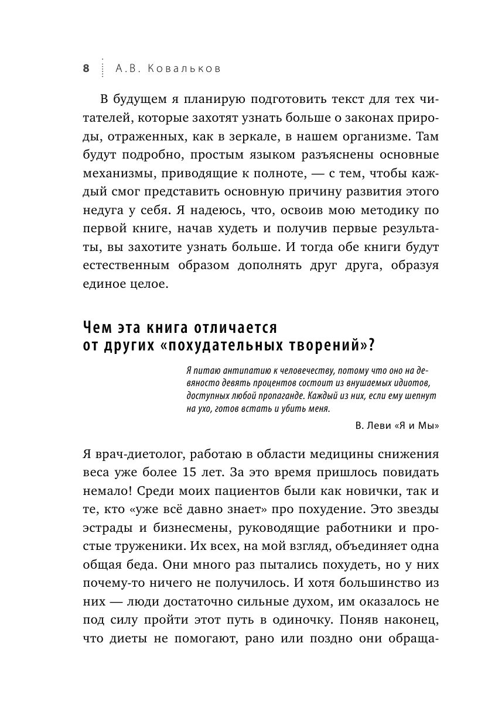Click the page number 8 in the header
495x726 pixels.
point(86,68)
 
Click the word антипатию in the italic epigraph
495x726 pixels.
point(227,371)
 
